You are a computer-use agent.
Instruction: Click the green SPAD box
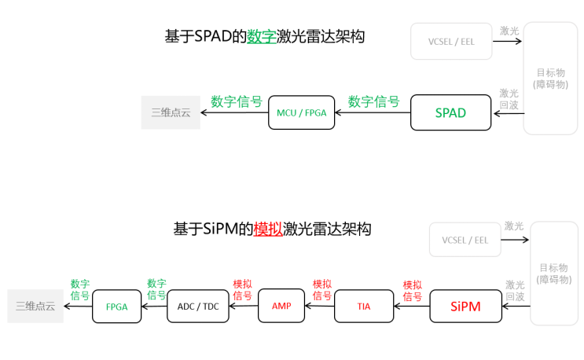pos(450,112)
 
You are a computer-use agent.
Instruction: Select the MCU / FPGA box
pos(301,112)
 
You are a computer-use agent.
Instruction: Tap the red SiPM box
pos(465,306)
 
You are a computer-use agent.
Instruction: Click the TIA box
pos(363,306)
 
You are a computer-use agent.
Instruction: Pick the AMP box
pos(281,306)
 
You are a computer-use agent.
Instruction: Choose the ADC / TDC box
pos(198,306)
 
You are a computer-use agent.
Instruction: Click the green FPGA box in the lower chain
pos(116,307)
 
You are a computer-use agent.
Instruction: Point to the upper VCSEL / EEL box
pos(451,41)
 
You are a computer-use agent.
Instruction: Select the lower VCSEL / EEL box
pos(465,240)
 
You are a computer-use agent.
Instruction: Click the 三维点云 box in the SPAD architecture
pos(171,112)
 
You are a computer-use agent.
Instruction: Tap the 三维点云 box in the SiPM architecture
pos(35,307)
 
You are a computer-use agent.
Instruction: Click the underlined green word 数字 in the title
pos(262,36)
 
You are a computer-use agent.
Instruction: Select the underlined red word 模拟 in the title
pos(268,230)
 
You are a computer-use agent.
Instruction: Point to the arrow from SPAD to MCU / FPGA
pos(373,112)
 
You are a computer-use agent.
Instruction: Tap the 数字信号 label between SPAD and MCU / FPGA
pos(373,101)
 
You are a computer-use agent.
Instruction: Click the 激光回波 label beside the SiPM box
pos(516,291)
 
